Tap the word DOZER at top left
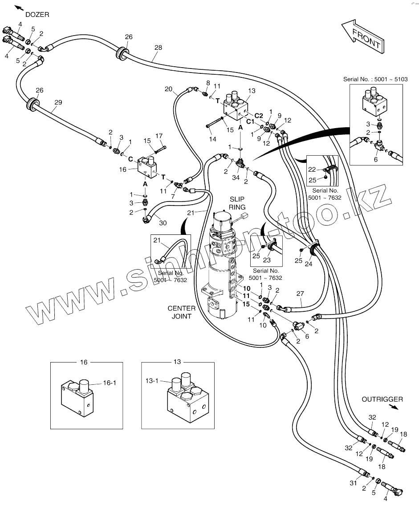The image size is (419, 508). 37,15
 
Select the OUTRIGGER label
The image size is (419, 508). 382,399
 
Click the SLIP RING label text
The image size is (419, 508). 237,203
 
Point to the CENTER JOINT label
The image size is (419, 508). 181,312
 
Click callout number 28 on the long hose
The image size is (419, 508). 158,48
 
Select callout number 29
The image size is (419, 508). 58,102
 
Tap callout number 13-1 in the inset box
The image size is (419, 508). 152,381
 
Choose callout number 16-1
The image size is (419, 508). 110,383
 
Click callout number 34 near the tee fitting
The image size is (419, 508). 236,177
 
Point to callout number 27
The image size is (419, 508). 300,294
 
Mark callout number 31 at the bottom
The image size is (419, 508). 353,483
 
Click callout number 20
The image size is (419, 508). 168,89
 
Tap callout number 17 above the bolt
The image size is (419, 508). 159,136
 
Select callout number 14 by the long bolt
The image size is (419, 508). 212,139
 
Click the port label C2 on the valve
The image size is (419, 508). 258,116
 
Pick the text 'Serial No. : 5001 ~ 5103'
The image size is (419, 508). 375,79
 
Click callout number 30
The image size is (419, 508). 163,223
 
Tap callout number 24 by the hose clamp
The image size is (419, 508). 309,264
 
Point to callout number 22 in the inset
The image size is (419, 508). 312,169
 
